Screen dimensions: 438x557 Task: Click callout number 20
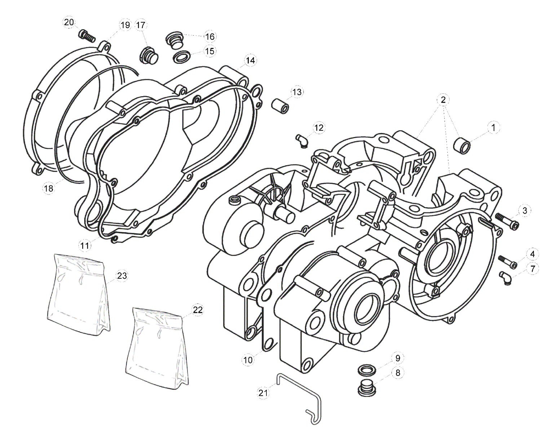(69, 22)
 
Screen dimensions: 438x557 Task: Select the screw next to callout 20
(87, 36)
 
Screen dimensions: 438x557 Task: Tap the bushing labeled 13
(280, 106)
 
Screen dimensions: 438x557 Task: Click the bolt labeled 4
(508, 262)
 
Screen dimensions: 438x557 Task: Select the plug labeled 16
(174, 39)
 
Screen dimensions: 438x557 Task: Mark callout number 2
(443, 99)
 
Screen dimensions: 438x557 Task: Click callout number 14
(250, 60)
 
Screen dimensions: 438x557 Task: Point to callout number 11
(85, 245)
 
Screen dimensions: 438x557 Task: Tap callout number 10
(248, 359)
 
